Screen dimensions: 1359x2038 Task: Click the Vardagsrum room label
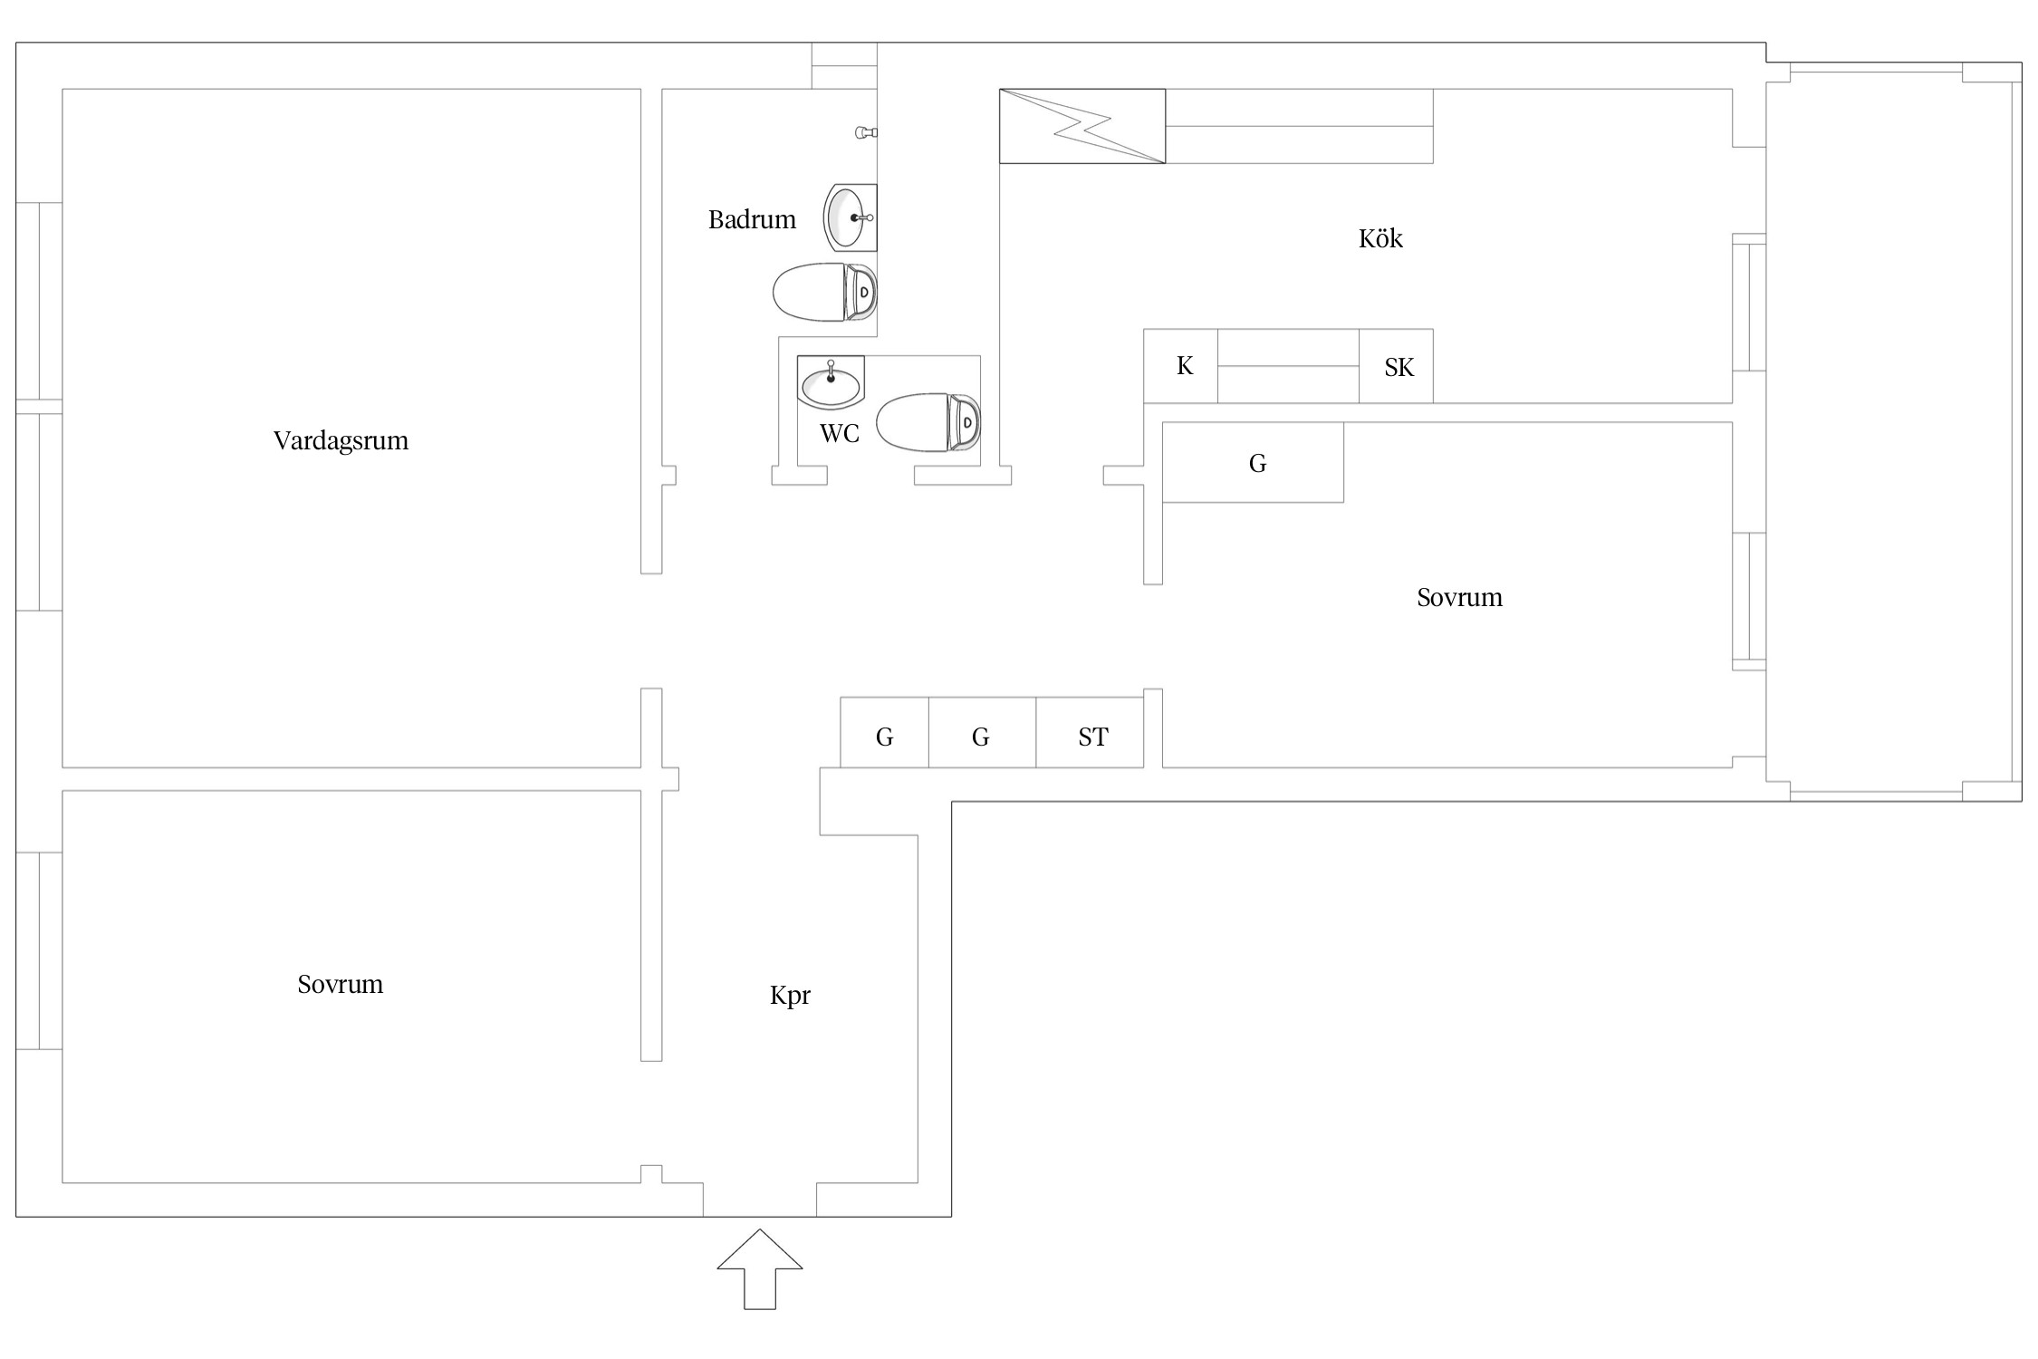(x=341, y=441)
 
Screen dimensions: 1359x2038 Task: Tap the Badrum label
(x=752, y=220)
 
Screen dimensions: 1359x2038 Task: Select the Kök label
(x=1380, y=239)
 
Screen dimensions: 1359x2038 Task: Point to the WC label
(x=839, y=434)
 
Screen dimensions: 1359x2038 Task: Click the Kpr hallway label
(x=790, y=996)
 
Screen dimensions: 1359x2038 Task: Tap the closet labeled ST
(x=1091, y=734)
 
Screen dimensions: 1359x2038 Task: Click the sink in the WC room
(x=831, y=382)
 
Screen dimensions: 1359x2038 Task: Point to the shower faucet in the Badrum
(x=866, y=133)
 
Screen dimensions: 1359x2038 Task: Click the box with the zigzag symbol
(x=1082, y=127)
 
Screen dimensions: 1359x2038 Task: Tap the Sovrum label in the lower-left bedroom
(x=341, y=985)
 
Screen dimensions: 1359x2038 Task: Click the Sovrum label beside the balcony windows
(x=1459, y=598)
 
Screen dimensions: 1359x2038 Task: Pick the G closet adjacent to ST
(x=982, y=734)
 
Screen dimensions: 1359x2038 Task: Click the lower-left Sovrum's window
(x=39, y=950)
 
